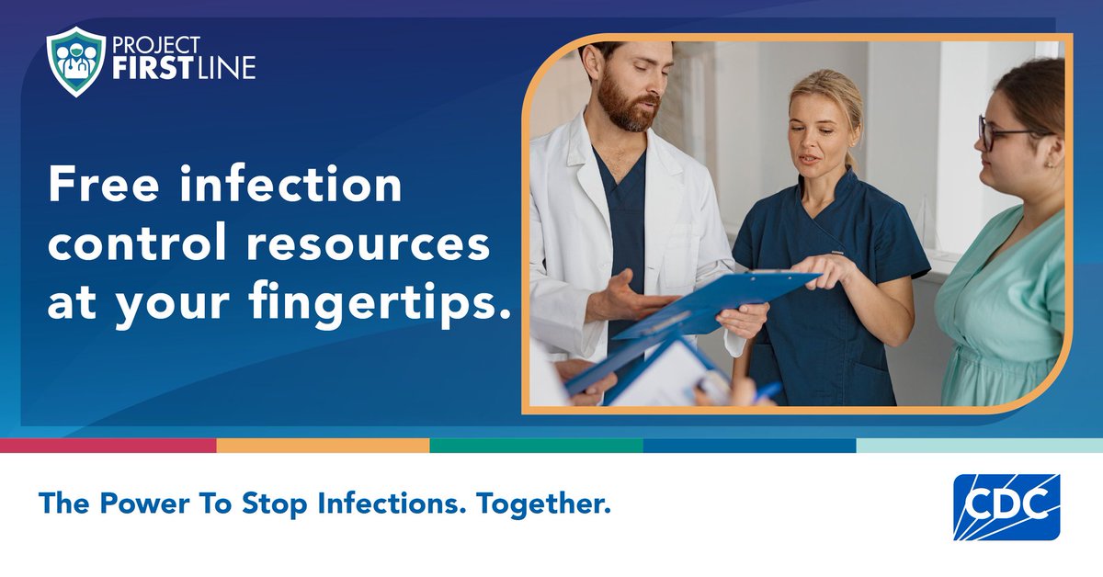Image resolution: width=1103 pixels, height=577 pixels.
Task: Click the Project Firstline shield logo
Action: pos(76,62)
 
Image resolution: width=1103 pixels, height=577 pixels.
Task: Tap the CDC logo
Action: pos(1006,506)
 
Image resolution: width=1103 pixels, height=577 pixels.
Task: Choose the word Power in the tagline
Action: pos(131,503)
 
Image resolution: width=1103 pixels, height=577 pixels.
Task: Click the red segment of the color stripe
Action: pos(108,446)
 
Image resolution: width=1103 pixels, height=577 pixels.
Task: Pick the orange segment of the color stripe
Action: pos(323,446)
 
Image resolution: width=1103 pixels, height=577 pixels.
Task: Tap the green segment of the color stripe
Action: pos(536,446)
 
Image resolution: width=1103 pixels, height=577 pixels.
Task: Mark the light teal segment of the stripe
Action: pos(979,446)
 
